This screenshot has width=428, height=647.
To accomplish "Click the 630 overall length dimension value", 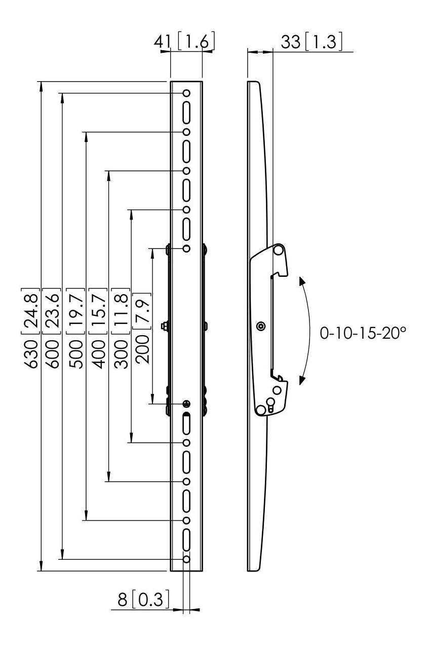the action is coord(30,354).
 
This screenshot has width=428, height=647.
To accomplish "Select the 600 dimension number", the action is coord(53,354).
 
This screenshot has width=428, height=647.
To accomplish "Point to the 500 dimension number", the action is coord(76,354).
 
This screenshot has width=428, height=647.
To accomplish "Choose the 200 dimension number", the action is coord(142,349).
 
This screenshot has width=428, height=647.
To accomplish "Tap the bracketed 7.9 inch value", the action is coord(142,311).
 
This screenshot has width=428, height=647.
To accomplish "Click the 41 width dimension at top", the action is coord(163,42).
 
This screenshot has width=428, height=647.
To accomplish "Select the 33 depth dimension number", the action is coord(291,42).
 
